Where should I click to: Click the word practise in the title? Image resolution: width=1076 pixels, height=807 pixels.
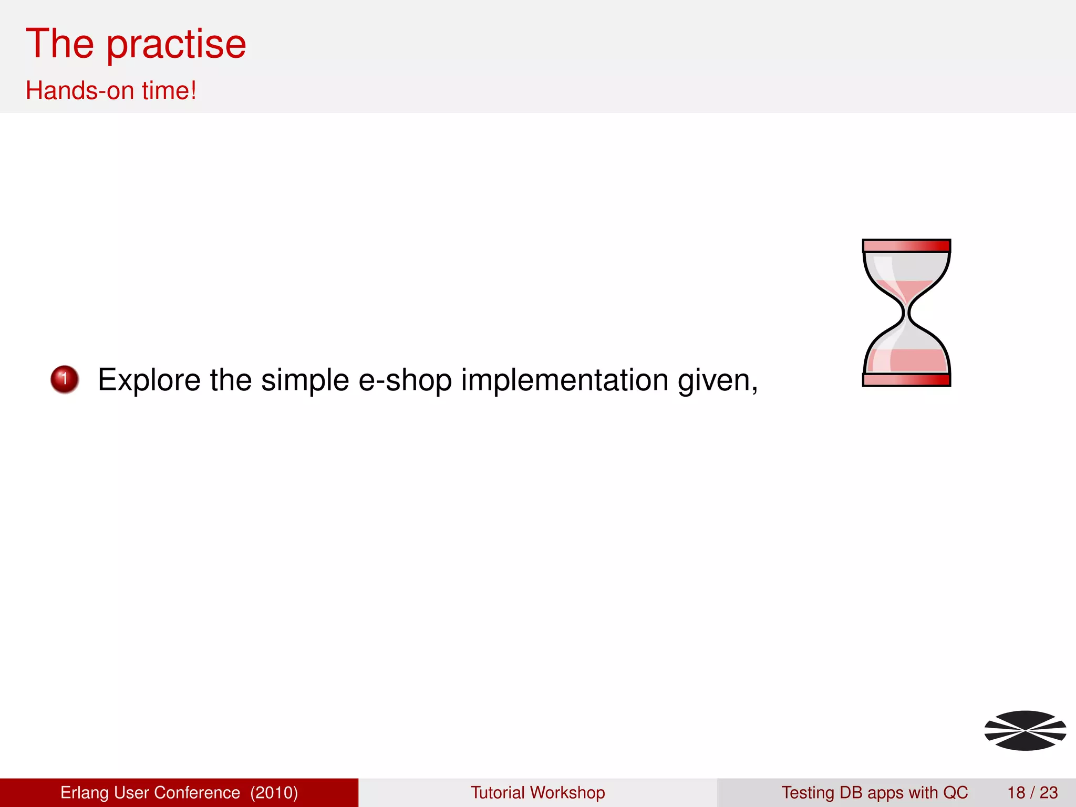point(177,45)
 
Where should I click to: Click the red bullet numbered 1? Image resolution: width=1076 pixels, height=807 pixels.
point(65,379)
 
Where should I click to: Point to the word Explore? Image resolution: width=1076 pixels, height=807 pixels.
point(149,380)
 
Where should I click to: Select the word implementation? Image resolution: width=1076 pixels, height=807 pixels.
point(565,380)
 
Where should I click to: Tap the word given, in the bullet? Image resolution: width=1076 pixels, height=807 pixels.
point(718,381)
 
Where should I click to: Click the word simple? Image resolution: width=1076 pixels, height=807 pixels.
point(305,380)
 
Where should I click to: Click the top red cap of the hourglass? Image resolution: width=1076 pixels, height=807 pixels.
point(906,245)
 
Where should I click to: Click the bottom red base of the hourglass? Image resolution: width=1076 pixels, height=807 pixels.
point(906,380)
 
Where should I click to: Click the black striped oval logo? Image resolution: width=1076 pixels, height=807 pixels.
point(1025,730)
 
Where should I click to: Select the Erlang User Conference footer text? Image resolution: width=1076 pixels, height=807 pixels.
point(150,792)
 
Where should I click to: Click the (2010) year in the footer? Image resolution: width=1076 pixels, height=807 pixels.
point(274,792)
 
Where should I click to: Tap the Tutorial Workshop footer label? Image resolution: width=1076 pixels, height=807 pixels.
point(537,792)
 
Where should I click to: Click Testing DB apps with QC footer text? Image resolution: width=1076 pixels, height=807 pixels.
point(874,792)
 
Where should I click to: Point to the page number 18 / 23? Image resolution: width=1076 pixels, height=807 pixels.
point(1032,792)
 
